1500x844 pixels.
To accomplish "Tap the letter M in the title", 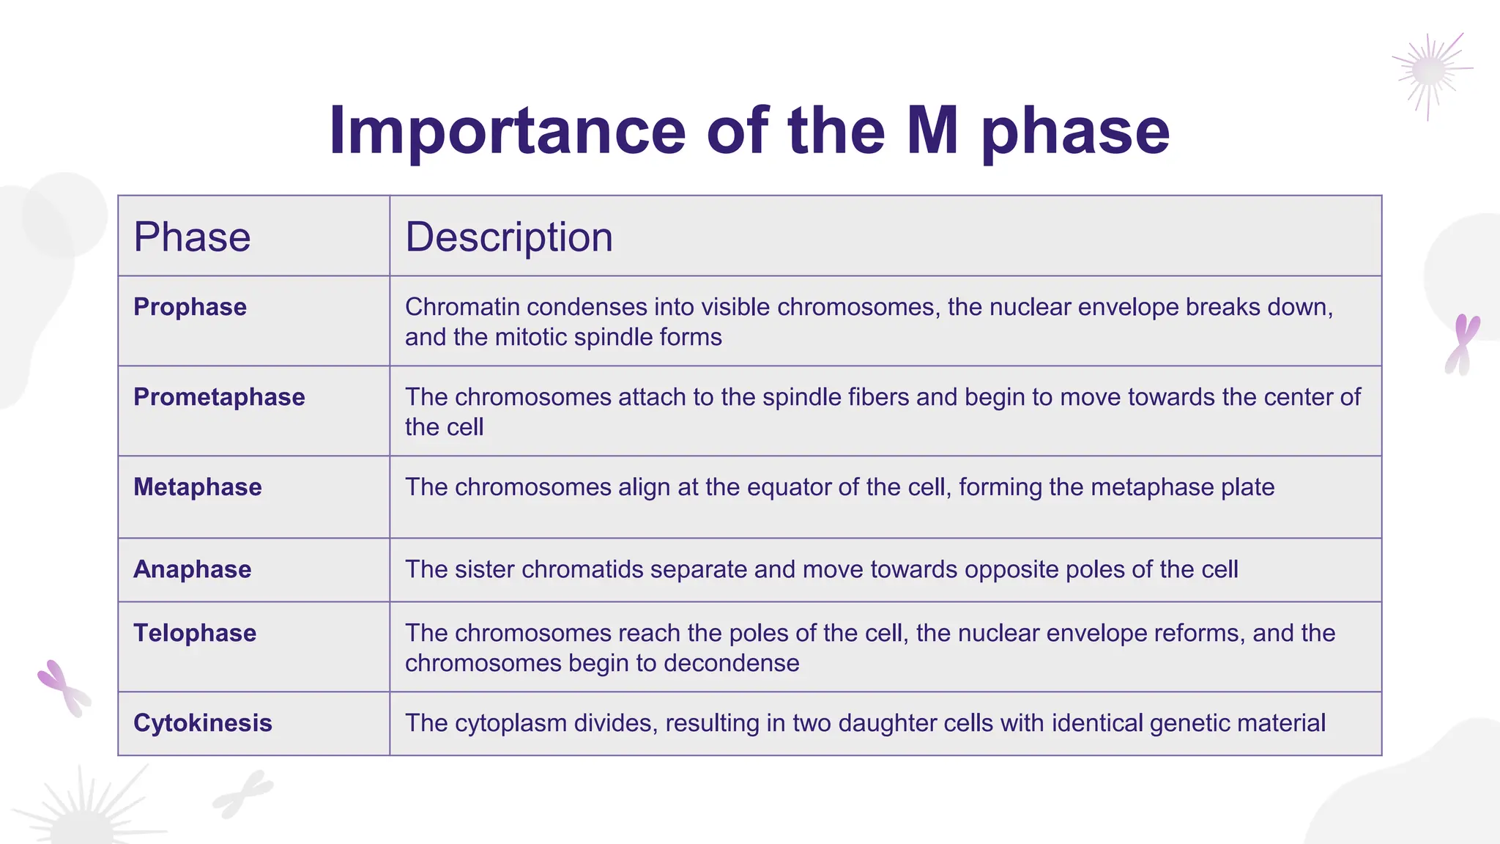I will click(932, 132).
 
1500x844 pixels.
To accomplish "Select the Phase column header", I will click(192, 237).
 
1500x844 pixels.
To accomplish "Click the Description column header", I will click(509, 237).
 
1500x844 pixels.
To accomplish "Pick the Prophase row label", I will click(190, 307).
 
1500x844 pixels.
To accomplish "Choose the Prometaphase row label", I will click(219, 397).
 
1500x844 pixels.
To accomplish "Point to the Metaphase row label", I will click(197, 487).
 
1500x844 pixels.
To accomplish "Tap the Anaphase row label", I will click(192, 569).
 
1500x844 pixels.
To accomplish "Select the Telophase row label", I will click(195, 633).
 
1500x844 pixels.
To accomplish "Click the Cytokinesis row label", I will click(203, 723).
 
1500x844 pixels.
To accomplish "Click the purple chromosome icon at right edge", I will click(1462, 344).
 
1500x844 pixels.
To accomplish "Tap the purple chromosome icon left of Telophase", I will click(64, 687).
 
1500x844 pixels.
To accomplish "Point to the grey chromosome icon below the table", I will click(242, 793).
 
